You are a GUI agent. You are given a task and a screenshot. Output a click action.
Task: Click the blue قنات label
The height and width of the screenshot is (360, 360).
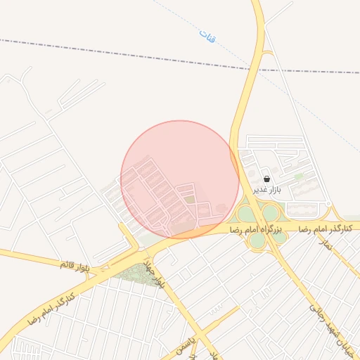[207, 37]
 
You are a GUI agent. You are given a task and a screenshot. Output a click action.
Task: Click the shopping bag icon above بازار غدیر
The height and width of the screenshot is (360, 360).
[266, 179]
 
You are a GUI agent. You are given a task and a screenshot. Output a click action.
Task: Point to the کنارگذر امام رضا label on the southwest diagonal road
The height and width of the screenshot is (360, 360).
[51, 307]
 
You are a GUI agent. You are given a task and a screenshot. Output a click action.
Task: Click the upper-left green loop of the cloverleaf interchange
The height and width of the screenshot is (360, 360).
[246, 214]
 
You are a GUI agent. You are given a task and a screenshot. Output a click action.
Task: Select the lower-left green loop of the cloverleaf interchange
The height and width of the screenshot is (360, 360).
[257, 240]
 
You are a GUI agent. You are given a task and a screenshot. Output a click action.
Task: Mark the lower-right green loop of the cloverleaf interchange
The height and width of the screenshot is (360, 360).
[279, 237]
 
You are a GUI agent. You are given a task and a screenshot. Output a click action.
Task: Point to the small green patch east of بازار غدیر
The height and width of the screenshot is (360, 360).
[299, 176]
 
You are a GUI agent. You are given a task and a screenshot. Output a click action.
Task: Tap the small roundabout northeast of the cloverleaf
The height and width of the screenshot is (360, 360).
[328, 205]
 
